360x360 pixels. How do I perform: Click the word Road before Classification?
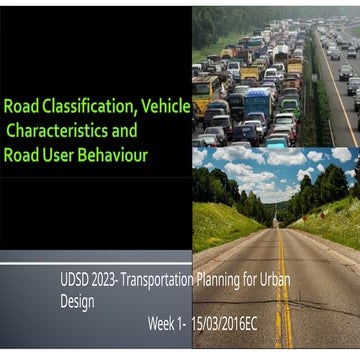20,106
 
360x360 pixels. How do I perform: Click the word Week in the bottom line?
164,324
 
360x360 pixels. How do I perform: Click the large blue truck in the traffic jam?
257,102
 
